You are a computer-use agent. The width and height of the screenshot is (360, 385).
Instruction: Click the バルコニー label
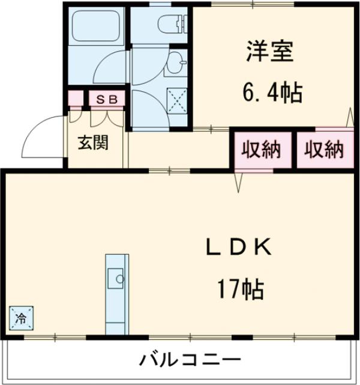click(190, 360)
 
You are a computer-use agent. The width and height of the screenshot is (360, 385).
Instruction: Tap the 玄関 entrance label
click(93, 144)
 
